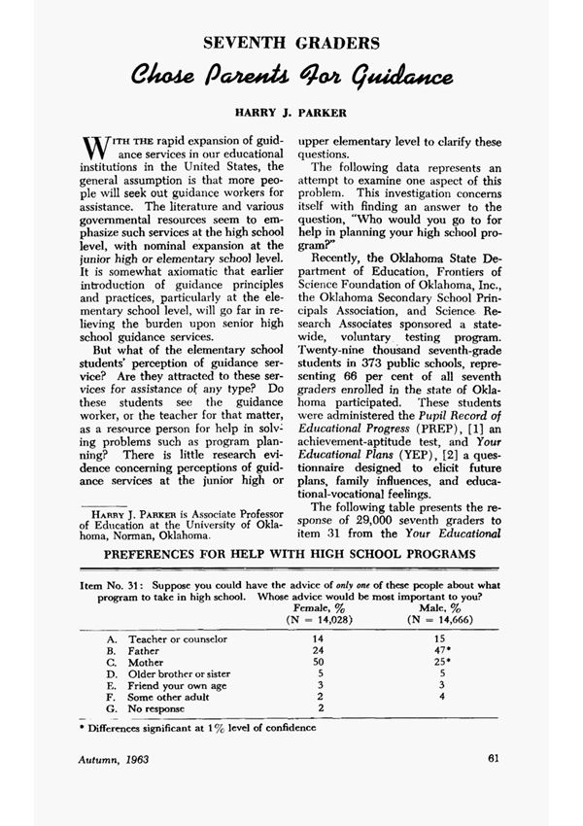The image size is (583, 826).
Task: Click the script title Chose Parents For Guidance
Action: tap(291, 76)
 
